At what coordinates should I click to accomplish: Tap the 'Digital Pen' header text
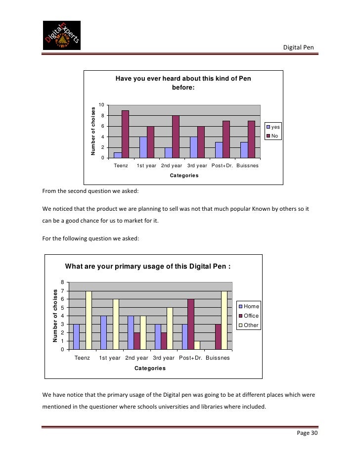pos(298,47)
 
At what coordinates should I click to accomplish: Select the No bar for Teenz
pos(125,134)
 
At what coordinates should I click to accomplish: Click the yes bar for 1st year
pos(143,147)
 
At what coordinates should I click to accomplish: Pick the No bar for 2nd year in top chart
pos(176,137)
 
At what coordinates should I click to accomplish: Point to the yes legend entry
pos(273,127)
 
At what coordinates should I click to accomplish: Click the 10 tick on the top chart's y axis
pos(101,105)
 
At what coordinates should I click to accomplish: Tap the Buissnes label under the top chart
pos(247,166)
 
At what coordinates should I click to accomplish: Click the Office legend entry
pos(248,316)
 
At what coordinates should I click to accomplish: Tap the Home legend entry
pos(248,306)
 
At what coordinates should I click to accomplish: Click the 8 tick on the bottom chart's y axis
pos(63,282)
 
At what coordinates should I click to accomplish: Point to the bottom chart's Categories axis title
pos(150,368)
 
